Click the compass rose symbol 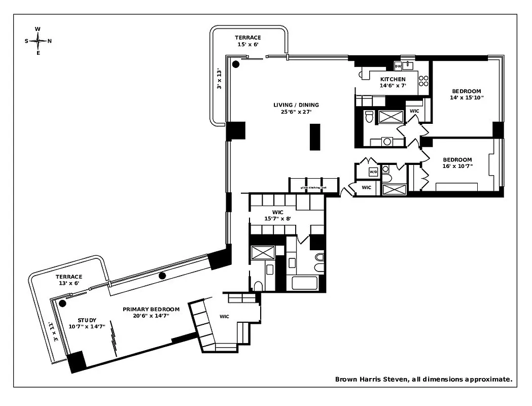38,41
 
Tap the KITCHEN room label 393,79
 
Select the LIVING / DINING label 296,105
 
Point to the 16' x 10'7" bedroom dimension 457,166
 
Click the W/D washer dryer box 373,172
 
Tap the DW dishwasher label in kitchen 398,66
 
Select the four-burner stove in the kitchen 423,81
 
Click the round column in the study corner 62,303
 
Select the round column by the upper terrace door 236,64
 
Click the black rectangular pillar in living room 315,137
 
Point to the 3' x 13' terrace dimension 220,79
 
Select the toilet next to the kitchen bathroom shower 369,117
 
